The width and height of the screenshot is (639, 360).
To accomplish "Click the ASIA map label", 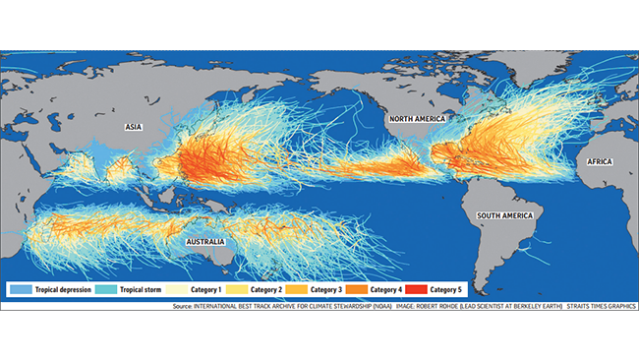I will [x=135, y=127].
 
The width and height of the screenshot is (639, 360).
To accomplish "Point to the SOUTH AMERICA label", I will [x=504, y=214].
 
